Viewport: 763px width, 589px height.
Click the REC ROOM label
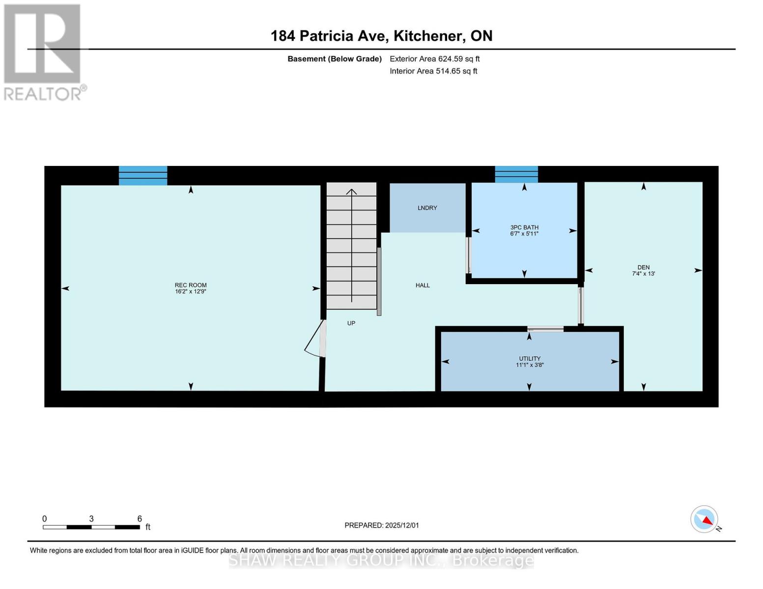coord(191,288)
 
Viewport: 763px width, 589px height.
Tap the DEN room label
coord(643,270)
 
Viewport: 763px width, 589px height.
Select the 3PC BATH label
coord(524,230)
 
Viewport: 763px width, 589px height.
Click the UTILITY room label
coord(529,362)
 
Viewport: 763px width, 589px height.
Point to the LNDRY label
coord(427,208)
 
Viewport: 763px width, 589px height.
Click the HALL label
coord(423,285)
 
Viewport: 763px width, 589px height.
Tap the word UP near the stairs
coord(351,323)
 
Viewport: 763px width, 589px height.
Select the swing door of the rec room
coord(316,339)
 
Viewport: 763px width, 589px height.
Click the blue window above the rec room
coord(143,175)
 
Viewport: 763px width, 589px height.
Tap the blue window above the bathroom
coord(516,174)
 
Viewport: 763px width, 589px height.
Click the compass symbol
coord(705,519)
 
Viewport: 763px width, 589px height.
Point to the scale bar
coord(91,527)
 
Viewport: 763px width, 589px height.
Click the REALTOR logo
coord(43,52)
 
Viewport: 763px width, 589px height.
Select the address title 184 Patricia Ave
coord(381,36)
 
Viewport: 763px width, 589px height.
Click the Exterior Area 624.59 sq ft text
coord(434,59)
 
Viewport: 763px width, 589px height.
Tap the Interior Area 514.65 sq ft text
coord(433,71)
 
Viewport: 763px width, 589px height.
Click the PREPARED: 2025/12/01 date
coord(381,525)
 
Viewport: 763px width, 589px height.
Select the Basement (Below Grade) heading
coord(334,59)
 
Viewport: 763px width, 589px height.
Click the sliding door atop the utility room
coord(545,329)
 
